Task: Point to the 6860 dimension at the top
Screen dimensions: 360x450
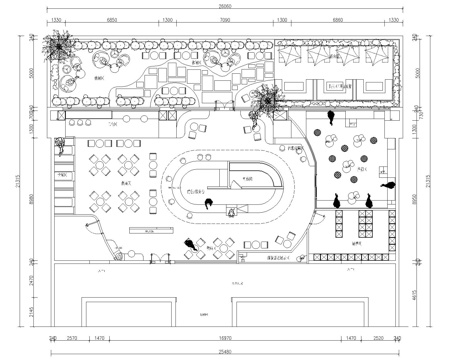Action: [337, 19]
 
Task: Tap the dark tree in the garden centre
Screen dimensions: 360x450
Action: [269, 98]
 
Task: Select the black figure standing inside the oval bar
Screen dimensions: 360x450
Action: [208, 205]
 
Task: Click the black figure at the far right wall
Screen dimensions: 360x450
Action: [389, 183]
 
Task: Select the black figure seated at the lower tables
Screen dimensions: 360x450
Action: [190, 244]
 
